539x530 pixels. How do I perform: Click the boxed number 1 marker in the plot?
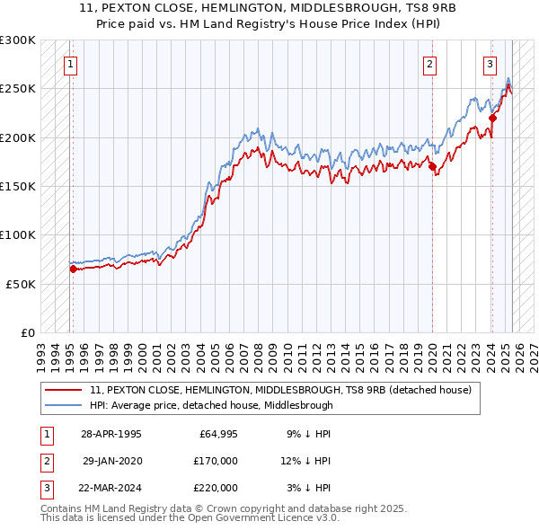(70, 64)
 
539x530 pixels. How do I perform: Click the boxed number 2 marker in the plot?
(430, 64)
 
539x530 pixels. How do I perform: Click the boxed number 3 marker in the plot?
(490, 64)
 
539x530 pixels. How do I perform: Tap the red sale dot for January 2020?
(432, 166)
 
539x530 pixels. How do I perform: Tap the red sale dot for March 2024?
(492, 118)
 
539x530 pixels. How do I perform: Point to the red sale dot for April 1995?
(73, 269)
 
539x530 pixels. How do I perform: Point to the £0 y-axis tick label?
(27, 332)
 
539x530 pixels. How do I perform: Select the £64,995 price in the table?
(218, 434)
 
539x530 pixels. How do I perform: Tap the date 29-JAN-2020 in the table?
(111, 461)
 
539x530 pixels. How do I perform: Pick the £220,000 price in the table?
(215, 488)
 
